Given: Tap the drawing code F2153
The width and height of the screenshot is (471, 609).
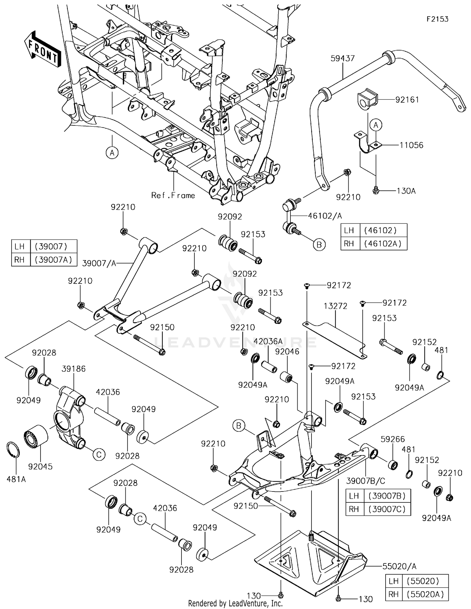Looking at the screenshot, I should pos(437,19).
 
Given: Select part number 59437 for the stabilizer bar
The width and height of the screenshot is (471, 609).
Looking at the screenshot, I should pos(342,58).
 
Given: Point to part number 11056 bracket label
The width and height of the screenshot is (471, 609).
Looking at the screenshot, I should pos(411,145).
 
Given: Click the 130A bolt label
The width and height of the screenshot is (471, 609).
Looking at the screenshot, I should pos(406,191).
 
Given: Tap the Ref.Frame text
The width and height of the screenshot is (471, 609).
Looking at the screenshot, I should pos(173,195).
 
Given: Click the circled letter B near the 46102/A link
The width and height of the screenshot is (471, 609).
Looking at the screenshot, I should pos(319,244).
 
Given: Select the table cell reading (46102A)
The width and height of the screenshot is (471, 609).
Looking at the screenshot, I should pos(383,244).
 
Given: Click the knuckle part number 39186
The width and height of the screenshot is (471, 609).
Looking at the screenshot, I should pos(73,369).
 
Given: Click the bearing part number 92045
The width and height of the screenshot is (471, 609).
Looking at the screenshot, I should pos(40,467).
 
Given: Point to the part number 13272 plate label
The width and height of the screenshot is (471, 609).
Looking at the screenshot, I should pos(336,306).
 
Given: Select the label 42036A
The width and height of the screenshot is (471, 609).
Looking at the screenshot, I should pos(268,341).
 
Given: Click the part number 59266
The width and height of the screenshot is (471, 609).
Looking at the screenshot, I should pos(392,439).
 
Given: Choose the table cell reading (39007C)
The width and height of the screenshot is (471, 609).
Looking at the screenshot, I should pos(387,509).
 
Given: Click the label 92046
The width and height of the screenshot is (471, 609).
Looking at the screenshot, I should pos(287,352).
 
